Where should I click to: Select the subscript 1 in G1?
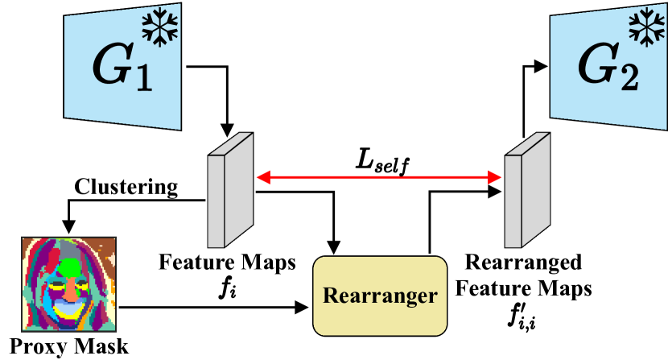pos(143,80)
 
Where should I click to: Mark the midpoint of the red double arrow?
pos(378,178)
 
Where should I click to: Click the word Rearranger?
pos(380,296)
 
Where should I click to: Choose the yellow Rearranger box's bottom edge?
pos(380,333)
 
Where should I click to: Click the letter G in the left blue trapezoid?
pos(110,68)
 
